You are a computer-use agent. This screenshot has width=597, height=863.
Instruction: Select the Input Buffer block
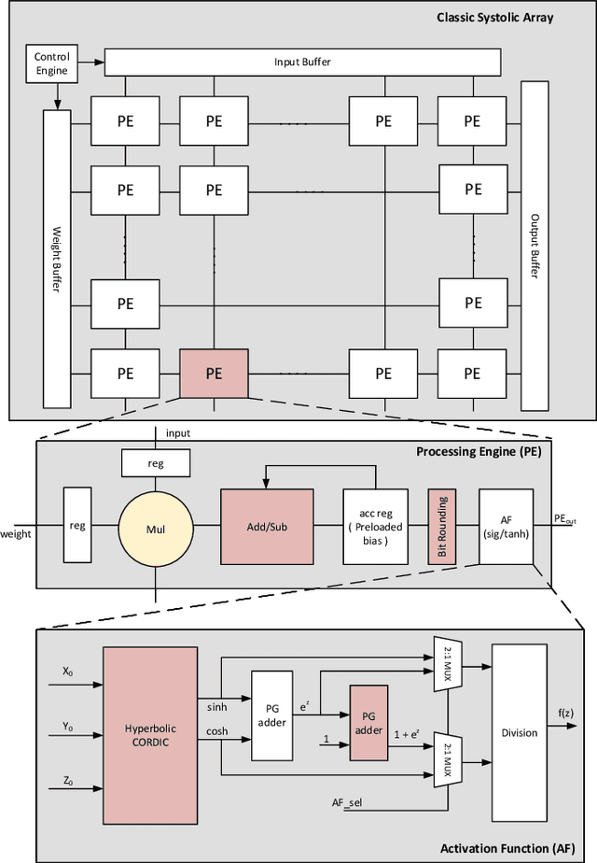point(301,63)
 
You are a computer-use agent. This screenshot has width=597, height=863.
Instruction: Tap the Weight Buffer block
point(58,258)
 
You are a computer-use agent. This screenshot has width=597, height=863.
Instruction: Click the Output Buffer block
point(535,245)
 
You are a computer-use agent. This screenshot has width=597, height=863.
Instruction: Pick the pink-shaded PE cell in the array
point(214,373)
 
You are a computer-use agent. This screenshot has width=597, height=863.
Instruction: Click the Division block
point(519,733)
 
